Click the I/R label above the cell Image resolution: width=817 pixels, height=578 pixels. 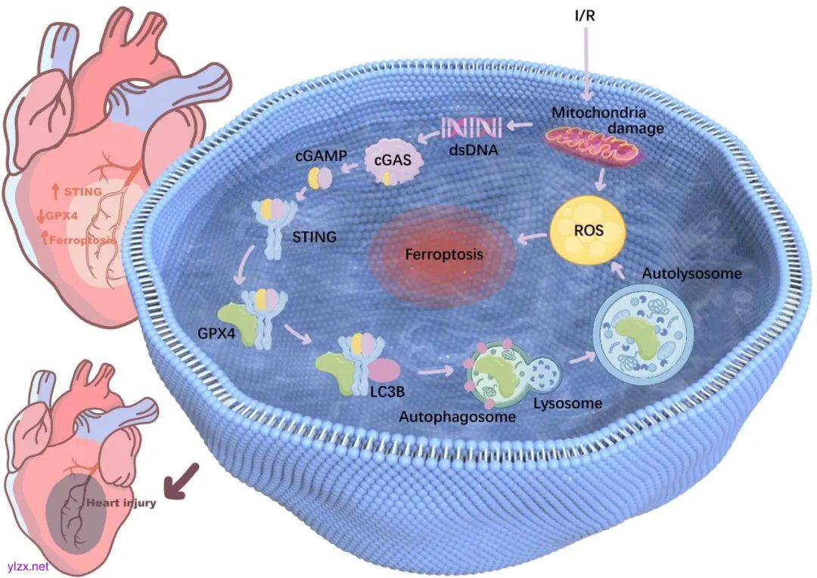(x=585, y=16)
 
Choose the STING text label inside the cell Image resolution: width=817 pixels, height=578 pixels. (x=314, y=237)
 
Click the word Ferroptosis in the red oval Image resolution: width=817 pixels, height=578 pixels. (x=444, y=254)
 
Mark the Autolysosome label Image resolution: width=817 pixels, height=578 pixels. (x=691, y=274)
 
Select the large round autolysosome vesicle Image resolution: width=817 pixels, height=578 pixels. (x=645, y=337)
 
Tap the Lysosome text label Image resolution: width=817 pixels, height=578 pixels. (x=567, y=403)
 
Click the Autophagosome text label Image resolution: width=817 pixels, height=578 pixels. (x=458, y=416)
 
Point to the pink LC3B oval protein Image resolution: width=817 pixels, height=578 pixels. (x=384, y=370)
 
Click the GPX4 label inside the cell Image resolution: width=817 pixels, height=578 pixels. (x=216, y=333)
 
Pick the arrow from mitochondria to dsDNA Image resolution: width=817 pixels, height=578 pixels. (x=520, y=125)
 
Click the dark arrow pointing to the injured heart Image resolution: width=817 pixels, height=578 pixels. (x=181, y=481)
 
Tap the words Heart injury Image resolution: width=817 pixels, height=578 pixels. (x=121, y=503)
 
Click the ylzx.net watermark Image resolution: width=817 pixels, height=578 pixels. (x=28, y=566)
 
